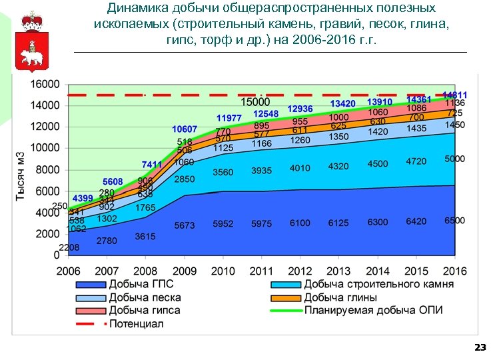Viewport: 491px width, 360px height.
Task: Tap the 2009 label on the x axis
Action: (x=185, y=271)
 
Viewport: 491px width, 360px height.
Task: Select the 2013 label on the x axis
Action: (x=338, y=271)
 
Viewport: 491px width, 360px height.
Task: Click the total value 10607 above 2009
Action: (x=185, y=129)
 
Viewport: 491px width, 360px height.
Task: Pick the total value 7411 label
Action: (x=152, y=164)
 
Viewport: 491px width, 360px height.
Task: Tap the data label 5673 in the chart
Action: (x=185, y=225)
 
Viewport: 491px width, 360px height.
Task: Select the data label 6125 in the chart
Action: (x=338, y=223)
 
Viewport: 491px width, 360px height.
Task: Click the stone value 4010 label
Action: (x=300, y=168)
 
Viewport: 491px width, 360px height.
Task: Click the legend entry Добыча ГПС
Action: (x=141, y=285)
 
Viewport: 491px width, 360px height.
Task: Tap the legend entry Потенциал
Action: (x=136, y=324)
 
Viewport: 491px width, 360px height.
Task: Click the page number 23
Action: (x=478, y=347)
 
